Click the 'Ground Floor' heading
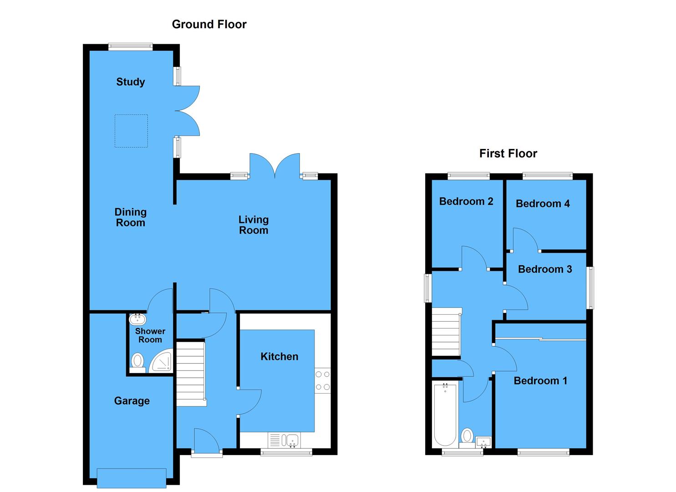click(209, 25)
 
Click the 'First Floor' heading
click(508, 154)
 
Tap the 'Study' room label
click(131, 82)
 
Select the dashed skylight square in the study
click(131, 131)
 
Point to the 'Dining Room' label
click(131, 217)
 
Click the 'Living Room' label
click(254, 225)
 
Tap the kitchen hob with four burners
click(323, 381)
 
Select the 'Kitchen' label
click(279, 357)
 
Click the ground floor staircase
click(190, 374)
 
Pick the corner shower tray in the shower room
click(162, 361)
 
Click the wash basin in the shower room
click(137, 318)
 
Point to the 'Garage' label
click(132, 401)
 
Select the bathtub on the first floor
click(445, 415)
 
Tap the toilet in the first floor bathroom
click(467, 436)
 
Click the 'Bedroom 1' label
click(540, 381)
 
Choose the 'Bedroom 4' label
click(543, 204)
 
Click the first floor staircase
click(446, 332)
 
